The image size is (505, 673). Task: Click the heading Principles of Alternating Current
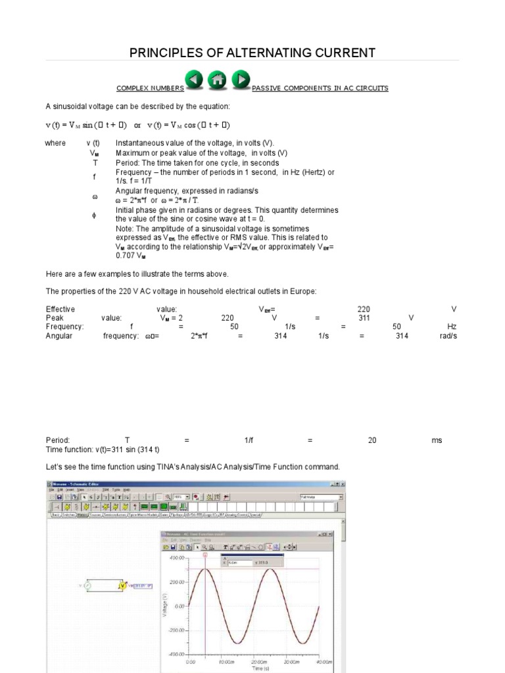(x=252, y=53)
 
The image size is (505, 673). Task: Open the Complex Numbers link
(x=150, y=88)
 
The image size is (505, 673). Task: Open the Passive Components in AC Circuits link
(x=320, y=88)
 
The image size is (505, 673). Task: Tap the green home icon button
(x=218, y=80)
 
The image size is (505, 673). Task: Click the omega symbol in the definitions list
(x=95, y=196)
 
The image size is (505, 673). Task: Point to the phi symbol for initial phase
(x=95, y=214)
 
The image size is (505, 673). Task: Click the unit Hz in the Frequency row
(x=452, y=326)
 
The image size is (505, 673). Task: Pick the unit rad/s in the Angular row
(x=447, y=336)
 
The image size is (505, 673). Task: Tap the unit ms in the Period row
(x=437, y=440)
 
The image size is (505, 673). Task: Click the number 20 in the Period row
(x=372, y=440)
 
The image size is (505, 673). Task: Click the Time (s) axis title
(x=254, y=668)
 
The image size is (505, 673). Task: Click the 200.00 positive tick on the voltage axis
(x=176, y=582)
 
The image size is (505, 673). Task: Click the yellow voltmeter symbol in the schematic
(x=122, y=585)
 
